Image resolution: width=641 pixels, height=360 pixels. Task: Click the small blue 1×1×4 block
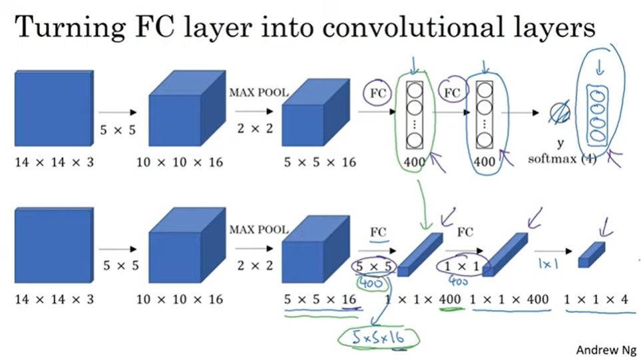point(590,255)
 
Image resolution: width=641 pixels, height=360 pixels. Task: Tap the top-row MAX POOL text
point(259,92)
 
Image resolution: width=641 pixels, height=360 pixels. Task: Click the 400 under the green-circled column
point(414,160)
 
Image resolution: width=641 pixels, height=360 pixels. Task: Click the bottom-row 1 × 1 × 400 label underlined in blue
point(510,299)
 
